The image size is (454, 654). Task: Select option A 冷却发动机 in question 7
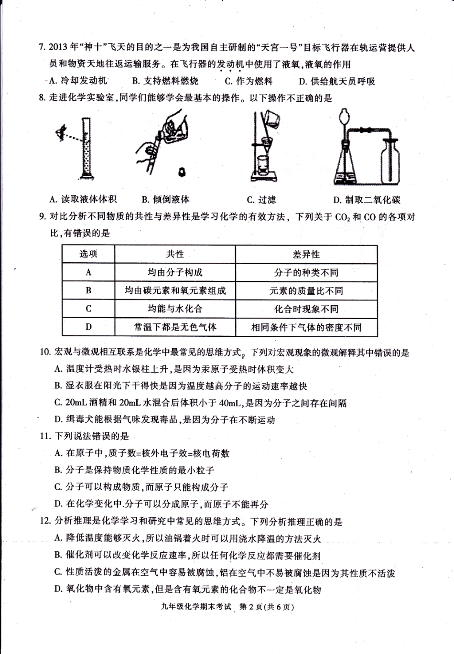click(78, 81)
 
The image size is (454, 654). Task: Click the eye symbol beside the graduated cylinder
click(60, 132)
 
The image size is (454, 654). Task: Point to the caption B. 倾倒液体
click(165, 199)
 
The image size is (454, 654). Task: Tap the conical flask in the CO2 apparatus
click(347, 165)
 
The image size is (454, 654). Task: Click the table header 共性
click(175, 254)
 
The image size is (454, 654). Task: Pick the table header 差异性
click(306, 254)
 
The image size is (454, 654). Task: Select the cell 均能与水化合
click(175, 309)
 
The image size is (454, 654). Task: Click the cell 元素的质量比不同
click(306, 290)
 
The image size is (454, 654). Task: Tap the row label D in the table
click(88, 327)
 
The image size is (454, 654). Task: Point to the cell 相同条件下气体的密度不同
click(306, 327)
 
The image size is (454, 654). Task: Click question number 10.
click(45, 353)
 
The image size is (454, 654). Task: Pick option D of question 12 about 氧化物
click(187, 590)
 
